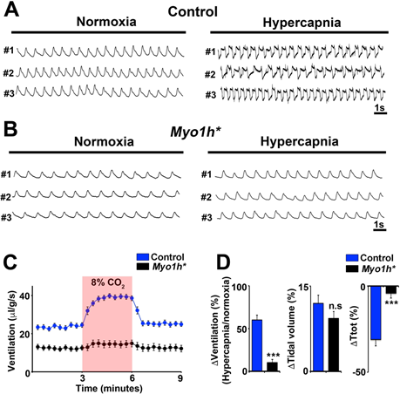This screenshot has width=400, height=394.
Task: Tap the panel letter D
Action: tap(224, 262)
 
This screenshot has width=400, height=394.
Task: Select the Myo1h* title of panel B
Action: tap(195, 132)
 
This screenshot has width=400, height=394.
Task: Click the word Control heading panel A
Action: tap(193, 11)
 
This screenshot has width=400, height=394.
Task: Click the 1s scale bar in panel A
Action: tap(380, 113)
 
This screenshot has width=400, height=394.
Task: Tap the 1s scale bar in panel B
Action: tap(379, 230)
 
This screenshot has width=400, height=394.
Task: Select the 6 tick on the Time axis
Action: tap(132, 378)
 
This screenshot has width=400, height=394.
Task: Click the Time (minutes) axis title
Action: tap(109, 388)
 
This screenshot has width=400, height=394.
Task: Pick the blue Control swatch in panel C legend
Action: tap(143, 257)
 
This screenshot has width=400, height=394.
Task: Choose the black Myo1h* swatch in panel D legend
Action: tap(352, 268)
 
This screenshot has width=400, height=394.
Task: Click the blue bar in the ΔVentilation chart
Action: tap(257, 345)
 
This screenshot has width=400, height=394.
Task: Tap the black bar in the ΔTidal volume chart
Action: tap(334, 345)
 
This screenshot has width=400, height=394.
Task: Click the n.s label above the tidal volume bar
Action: tap(336, 306)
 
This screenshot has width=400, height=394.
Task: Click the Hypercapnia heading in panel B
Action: tap(299, 141)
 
